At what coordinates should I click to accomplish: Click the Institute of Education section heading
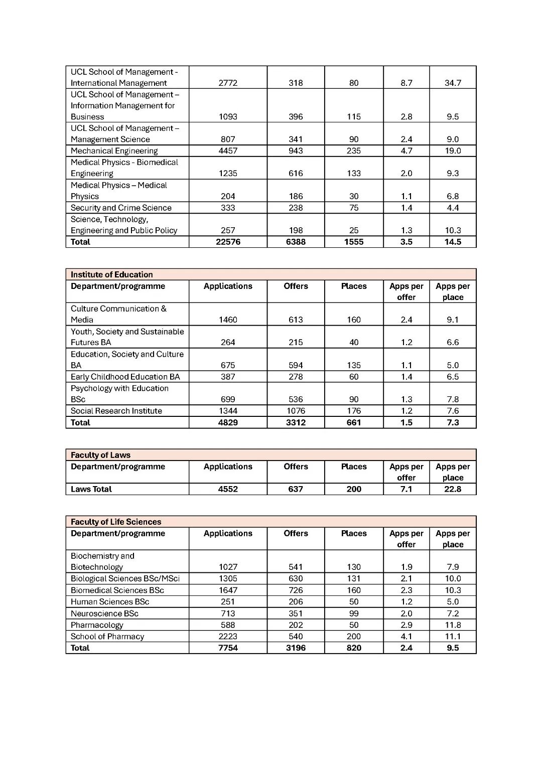tap(111, 274)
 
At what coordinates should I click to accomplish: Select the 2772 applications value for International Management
tap(228, 83)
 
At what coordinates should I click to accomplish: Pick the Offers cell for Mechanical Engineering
tap(296, 150)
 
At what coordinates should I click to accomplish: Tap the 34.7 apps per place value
tap(453, 83)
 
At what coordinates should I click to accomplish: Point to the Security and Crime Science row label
tap(121, 208)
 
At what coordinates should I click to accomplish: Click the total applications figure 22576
tap(228, 242)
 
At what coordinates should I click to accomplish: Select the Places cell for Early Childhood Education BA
tap(354, 377)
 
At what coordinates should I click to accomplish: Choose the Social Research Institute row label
tap(116, 411)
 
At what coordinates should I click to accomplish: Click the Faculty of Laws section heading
tap(100, 455)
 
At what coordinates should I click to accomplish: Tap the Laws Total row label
tap(91, 489)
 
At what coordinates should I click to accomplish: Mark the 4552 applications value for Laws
tap(228, 489)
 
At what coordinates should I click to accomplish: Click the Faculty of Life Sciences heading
tap(116, 522)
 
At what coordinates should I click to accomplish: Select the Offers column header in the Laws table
tap(296, 467)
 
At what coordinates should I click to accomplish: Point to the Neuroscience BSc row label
tap(104, 614)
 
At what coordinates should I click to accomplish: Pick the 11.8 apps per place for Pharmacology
tap(453, 625)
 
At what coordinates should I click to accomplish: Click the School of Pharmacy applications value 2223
tap(228, 637)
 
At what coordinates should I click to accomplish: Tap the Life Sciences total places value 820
tap(354, 648)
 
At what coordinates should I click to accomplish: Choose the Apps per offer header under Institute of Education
tap(406, 291)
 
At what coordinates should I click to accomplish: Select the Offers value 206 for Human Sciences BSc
tap(296, 602)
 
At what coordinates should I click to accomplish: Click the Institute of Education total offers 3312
tap(296, 422)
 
